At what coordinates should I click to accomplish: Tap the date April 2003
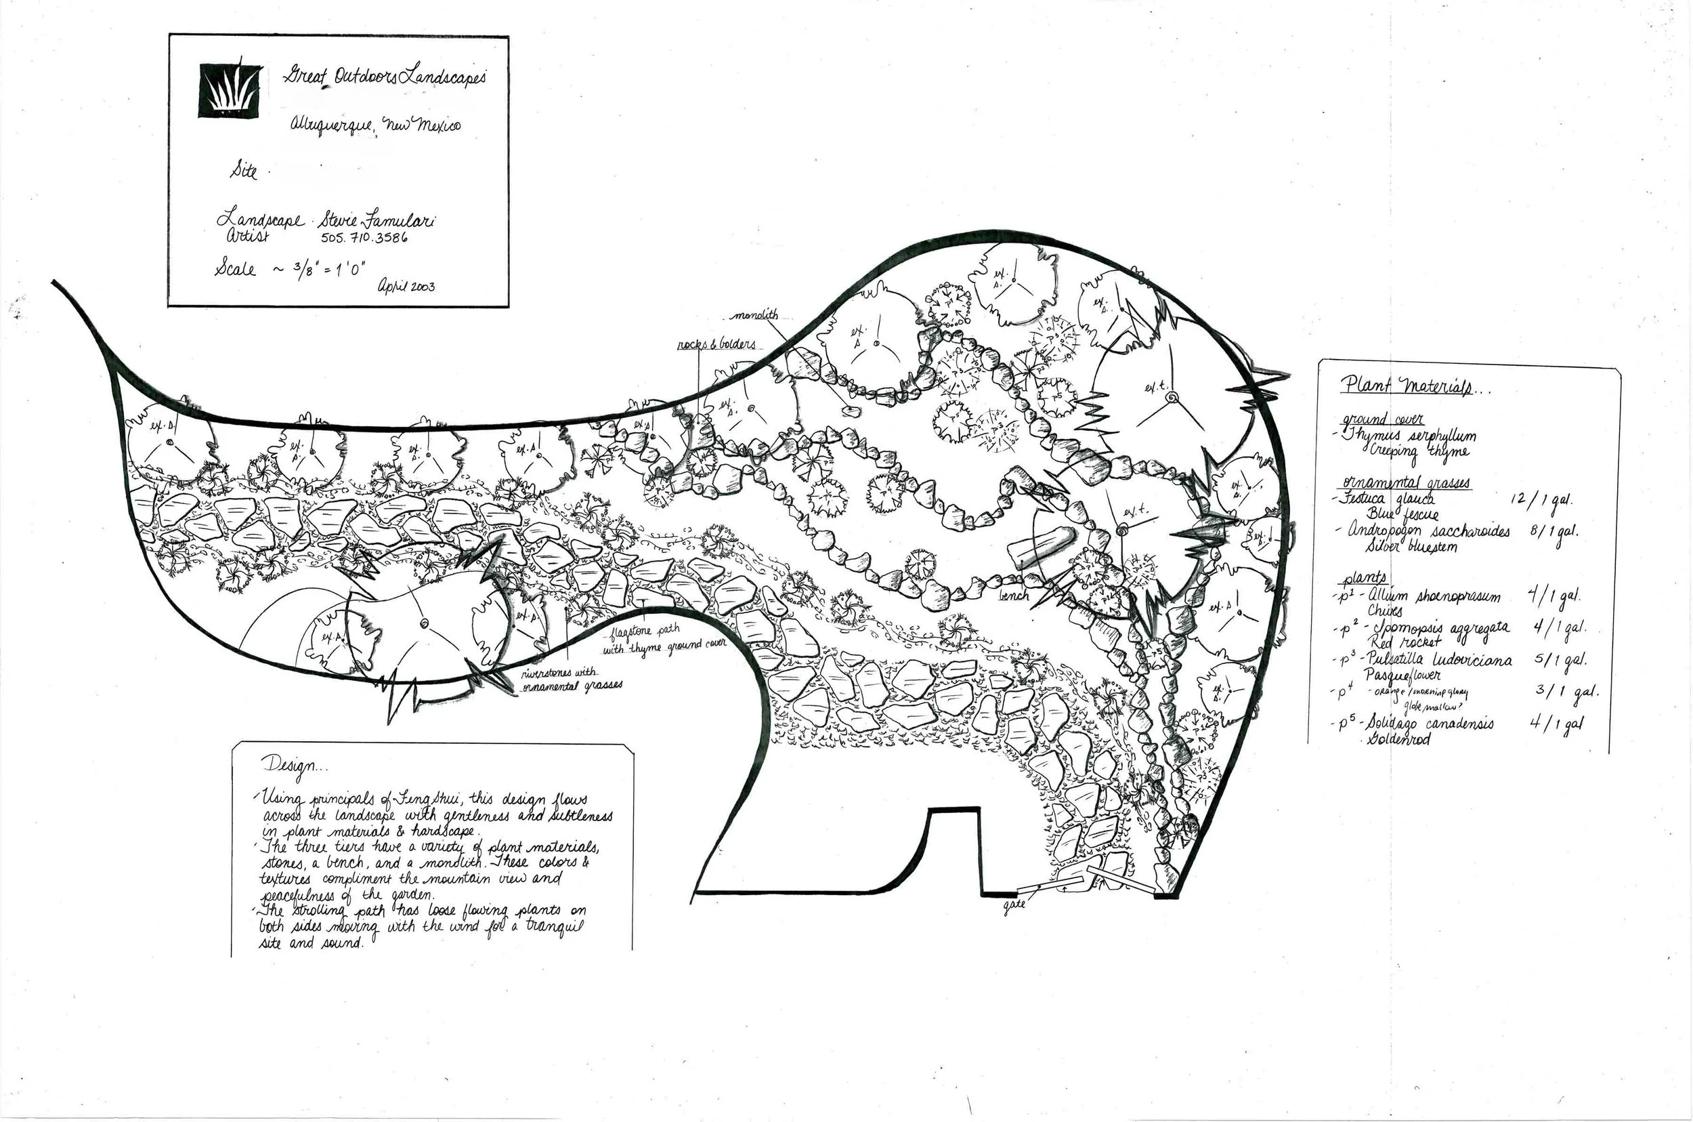coord(406,286)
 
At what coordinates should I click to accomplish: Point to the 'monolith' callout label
coord(755,316)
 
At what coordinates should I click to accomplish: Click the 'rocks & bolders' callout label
coord(716,345)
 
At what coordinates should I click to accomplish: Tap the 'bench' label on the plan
coord(1014,595)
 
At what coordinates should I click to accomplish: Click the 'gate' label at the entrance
coord(1014,904)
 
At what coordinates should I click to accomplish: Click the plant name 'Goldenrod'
coord(1398,739)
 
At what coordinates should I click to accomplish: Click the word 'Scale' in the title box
coord(234,269)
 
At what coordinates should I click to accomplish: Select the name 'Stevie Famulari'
coord(377,220)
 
